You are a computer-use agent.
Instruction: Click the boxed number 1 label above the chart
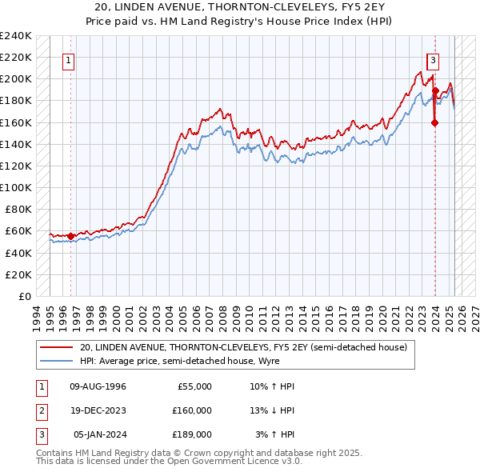point(68,59)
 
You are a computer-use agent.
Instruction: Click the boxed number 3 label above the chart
point(433,59)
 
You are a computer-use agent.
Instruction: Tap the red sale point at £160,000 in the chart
point(435,122)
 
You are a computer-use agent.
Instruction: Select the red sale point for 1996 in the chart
point(70,236)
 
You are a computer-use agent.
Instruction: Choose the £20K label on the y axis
point(19,274)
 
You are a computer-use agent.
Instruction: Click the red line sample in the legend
point(57,347)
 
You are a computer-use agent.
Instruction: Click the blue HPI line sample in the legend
point(57,361)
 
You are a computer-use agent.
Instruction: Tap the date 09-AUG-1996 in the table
point(98,386)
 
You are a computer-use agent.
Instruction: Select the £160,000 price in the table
point(192,410)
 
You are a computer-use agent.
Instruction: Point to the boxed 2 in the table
point(40,410)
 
